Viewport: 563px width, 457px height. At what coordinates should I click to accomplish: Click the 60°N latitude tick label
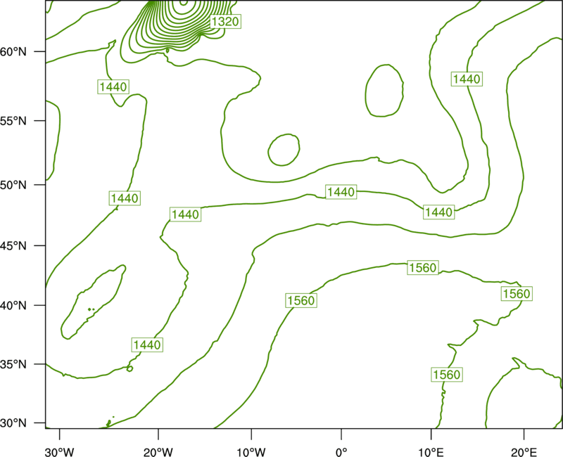(x=13, y=52)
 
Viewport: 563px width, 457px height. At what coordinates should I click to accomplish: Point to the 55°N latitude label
(x=13, y=121)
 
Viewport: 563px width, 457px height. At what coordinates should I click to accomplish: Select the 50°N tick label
(x=13, y=185)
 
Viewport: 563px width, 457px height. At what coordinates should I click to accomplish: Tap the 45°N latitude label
(x=13, y=246)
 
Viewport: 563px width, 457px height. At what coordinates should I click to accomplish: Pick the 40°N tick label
(x=13, y=306)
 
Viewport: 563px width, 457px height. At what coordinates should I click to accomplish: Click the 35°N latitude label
(x=13, y=364)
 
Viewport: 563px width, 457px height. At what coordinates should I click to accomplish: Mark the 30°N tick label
(x=13, y=423)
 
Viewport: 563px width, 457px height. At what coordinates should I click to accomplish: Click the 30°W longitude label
(x=60, y=452)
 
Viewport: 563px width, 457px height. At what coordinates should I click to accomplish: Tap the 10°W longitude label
(x=251, y=452)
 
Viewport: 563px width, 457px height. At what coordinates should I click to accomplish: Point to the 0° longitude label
(x=341, y=452)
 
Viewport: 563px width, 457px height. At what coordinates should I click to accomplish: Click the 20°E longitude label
(x=524, y=452)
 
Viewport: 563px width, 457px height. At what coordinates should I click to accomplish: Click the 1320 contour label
(x=225, y=22)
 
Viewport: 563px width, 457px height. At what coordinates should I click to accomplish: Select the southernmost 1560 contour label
(x=447, y=375)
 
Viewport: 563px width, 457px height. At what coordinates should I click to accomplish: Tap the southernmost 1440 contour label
(x=147, y=345)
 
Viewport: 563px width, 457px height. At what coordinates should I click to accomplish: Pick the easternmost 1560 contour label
(x=517, y=294)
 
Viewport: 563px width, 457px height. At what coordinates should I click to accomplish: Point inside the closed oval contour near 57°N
(x=384, y=91)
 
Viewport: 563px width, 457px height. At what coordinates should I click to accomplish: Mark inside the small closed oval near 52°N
(x=284, y=150)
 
